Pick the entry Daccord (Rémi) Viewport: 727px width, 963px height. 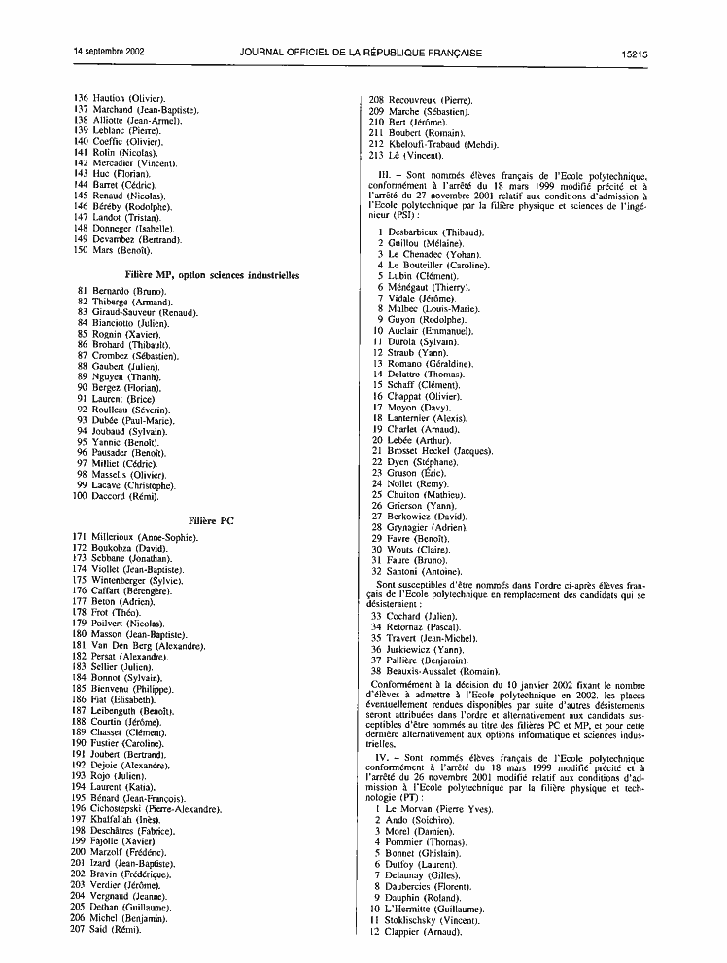point(124,496)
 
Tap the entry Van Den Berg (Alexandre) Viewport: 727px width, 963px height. point(148,646)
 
